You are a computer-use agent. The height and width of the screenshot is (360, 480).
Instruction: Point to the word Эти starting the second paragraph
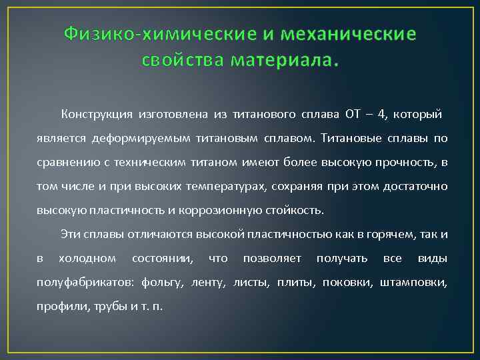click(x=70, y=234)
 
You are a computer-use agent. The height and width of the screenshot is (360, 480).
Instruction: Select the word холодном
click(x=87, y=258)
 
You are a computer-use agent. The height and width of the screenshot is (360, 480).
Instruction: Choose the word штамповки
click(x=413, y=283)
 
